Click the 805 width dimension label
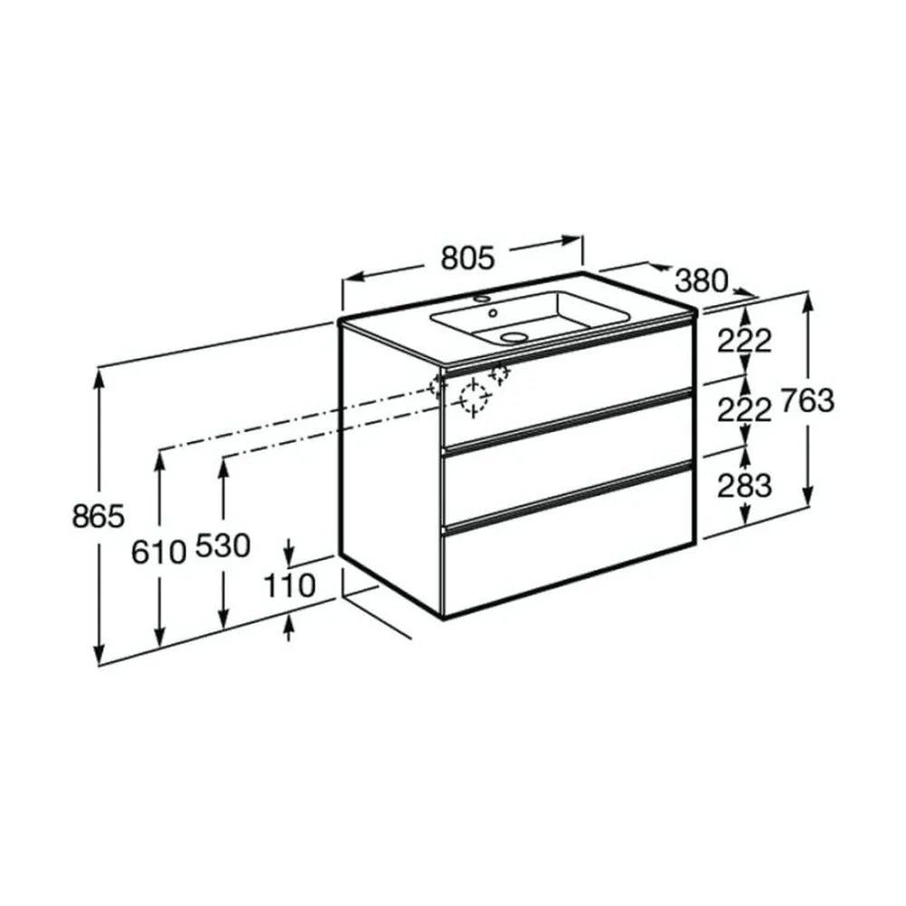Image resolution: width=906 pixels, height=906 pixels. [x=467, y=257]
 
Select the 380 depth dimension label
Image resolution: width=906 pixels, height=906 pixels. [x=702, y=281]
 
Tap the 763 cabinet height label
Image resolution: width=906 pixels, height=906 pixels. [x=808, y=400]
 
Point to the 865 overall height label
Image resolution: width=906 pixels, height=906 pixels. [x=98, y=516]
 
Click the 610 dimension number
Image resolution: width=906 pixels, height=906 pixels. [x=159, y=552]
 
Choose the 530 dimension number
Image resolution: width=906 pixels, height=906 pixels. [x=223, y=546]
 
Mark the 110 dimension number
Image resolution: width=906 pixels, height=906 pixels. [x=290, y=586]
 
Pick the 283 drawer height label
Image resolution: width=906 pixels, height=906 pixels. [x=745, y=486]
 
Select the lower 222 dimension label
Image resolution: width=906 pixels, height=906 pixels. [x=745, y=410]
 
